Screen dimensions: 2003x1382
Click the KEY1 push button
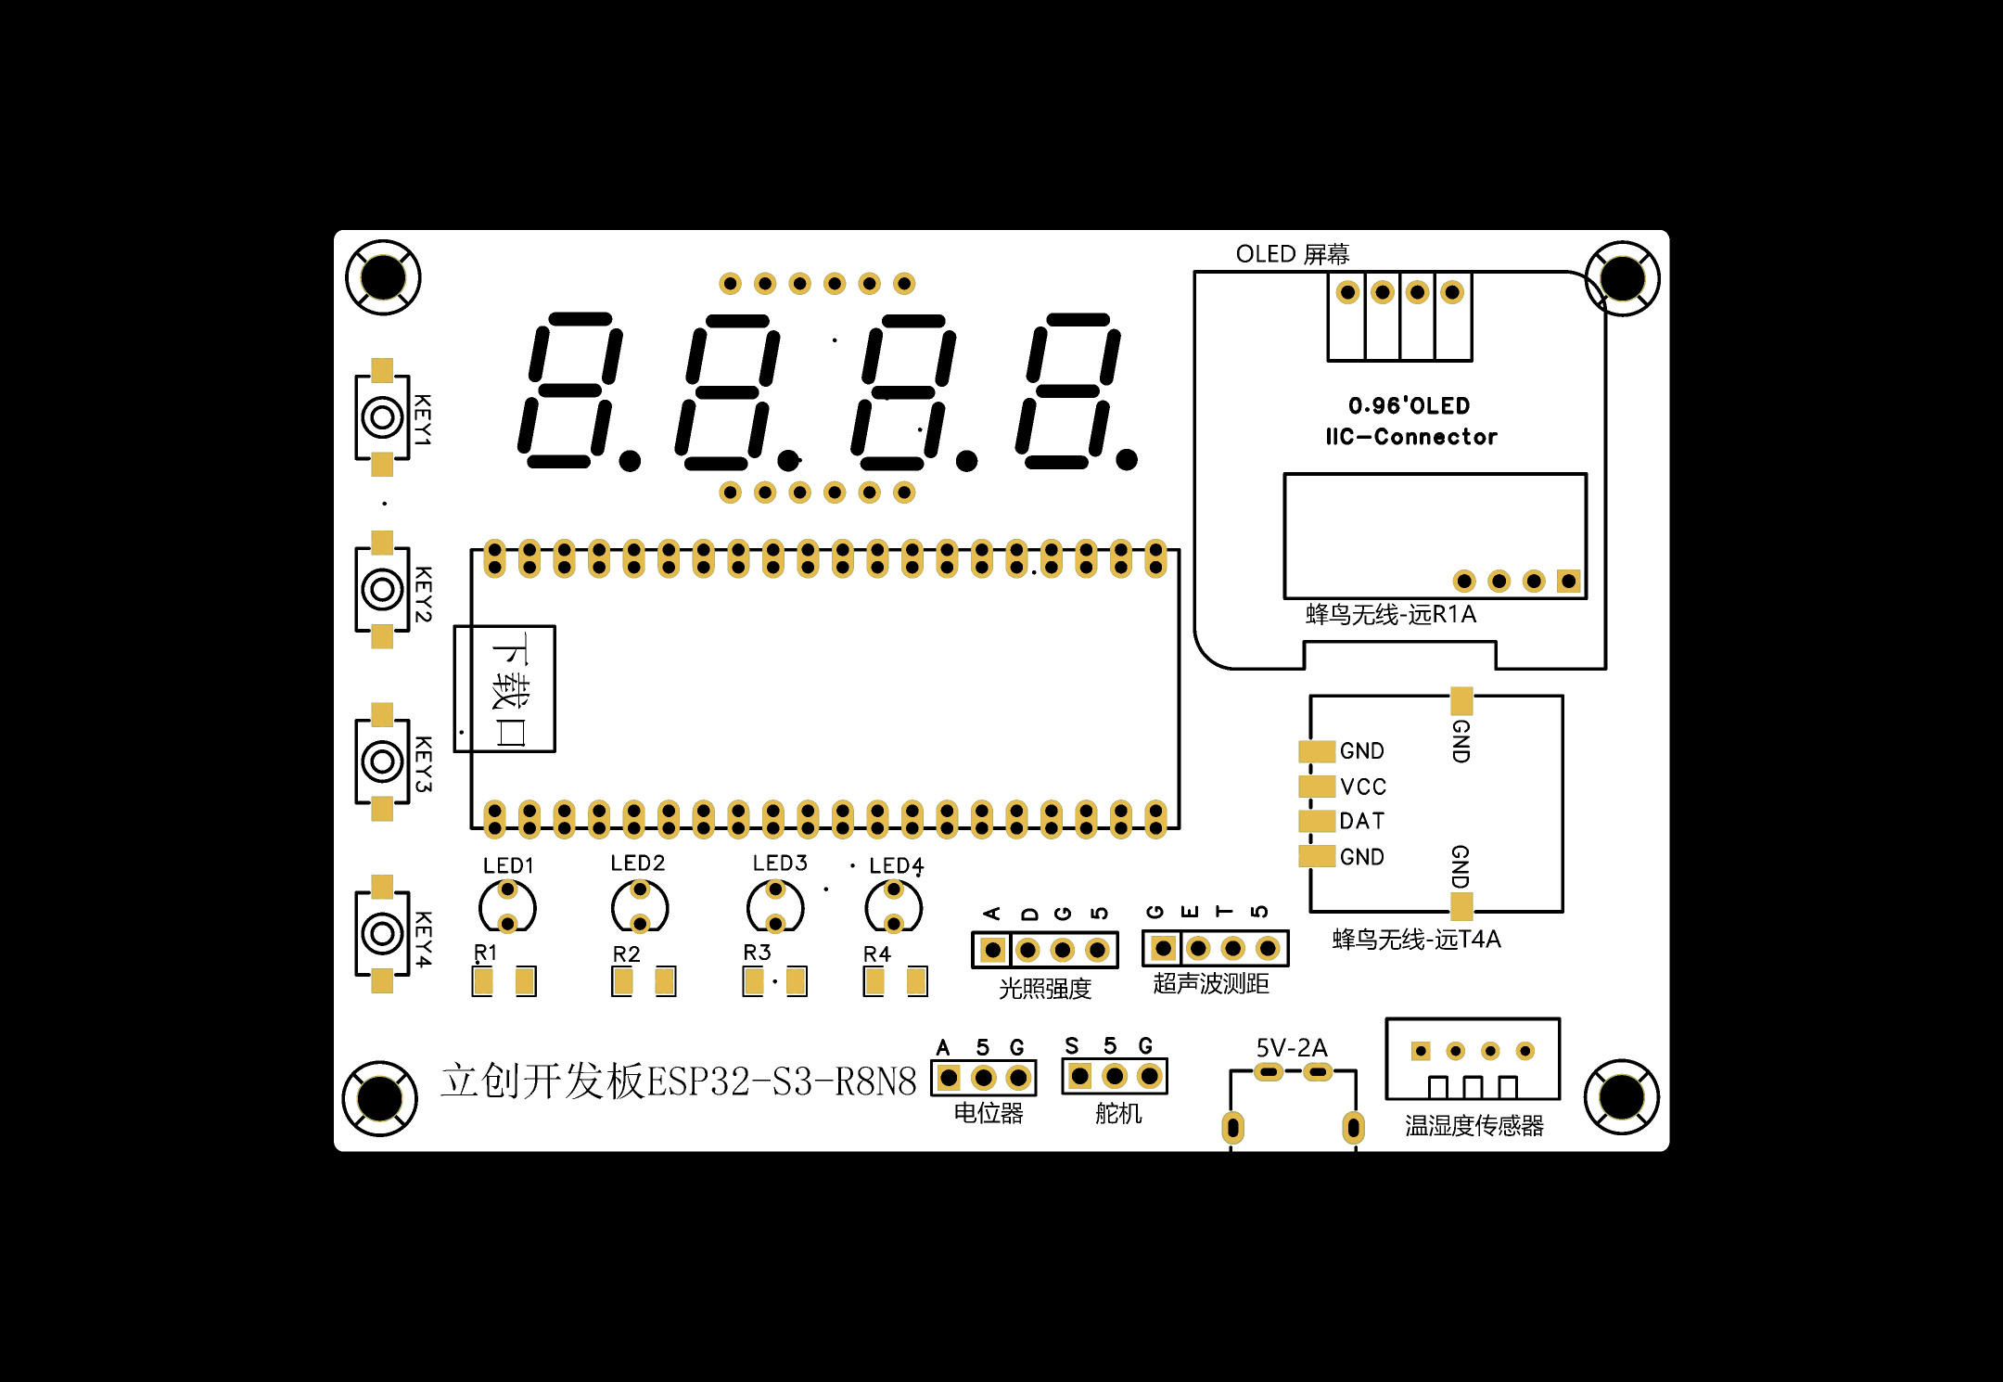(382, 417)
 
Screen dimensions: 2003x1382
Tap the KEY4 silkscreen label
(423, 939)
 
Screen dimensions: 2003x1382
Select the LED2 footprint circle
(640, 906)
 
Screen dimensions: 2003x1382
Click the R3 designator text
(757, 953)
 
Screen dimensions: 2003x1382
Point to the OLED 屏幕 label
(1293, 254)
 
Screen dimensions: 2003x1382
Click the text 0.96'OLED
(1410, 405)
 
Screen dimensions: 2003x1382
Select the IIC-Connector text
(1411, 437)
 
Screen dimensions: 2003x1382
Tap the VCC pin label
(1363, 787)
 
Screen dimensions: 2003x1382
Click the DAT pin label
(1362, 821)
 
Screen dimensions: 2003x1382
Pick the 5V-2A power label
(1292, 1048)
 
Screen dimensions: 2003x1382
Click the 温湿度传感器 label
(1474, 1126)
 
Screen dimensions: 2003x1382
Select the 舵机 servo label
(1118, 1113)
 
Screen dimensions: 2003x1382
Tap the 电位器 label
(989, 1113)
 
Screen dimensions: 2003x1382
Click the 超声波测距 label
(1211, 983)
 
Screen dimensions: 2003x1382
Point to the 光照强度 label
(1045, 989)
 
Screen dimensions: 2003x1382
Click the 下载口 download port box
(504, 689)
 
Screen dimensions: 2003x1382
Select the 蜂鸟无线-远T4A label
(1417, 940)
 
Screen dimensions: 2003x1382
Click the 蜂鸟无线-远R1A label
(1391, 614)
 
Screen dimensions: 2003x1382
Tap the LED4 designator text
(897, 865)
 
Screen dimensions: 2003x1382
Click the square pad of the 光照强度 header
(992, 950)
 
